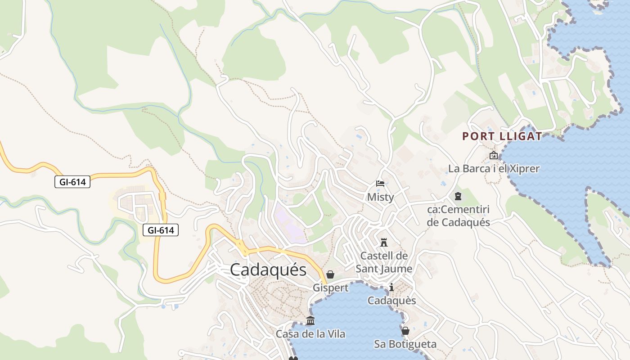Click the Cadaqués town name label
click(268, 270)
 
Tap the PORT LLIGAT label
click(502, 136)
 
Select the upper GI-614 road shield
click(72, 182)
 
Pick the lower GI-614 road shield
click(161, 230)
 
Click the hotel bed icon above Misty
click(380, 184)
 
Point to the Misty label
click(380, 197)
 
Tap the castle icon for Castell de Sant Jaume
click(384, 243)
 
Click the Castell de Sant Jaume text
click(384, 262)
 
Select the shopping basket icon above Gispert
click(330, 274)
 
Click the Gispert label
click(330, 288)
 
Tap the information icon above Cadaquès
click(391, 287)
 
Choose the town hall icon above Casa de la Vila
click(310, 321)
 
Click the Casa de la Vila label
click(310, 334)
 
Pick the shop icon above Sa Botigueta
click(405, 331)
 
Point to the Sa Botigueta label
click(405, 344)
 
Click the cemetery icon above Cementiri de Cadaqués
click(458, 196)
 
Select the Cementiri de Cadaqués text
click(458, 216)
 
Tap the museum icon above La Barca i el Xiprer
click(494, 156)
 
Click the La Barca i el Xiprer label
click(494, 169)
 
